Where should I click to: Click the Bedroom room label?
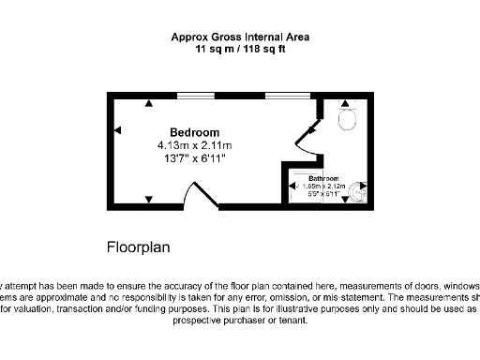(x=194, y=132)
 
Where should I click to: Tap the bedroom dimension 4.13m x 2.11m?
(x=194, y=145)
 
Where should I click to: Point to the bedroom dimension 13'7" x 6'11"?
(x=194, y=158)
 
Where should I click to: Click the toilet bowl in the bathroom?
(x=348, y=119)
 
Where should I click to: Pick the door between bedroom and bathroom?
(x=310, y=136)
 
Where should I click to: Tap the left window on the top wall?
(x=195, y=95)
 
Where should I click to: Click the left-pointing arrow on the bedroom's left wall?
(x=117, y=132)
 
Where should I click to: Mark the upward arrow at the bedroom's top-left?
(x=148, y=103)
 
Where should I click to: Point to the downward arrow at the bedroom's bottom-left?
(x=148, y=198)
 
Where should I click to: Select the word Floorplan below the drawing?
(x=138, y=247)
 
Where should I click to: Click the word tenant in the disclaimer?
(x=293, y=320)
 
